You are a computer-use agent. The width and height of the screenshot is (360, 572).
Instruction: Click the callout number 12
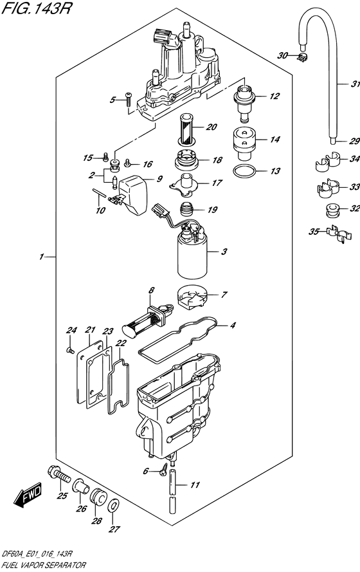tap(274, 97)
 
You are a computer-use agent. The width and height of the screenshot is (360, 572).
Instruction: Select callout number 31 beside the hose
tap(354, 84)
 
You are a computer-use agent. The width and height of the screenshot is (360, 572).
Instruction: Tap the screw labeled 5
tap(129, 99)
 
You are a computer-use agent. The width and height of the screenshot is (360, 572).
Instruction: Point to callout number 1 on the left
tap(40, 257)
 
